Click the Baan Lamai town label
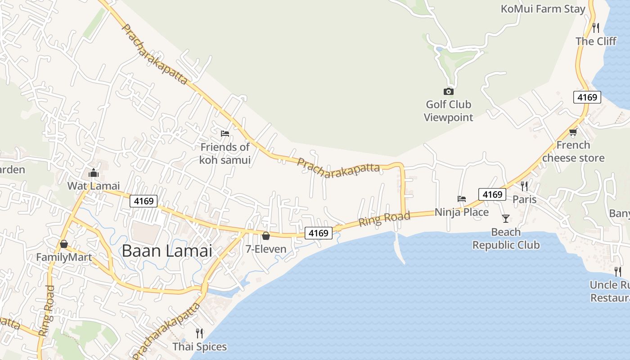coord(167,251)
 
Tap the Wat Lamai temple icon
coord(94,173)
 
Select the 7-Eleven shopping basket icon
coord(266,235)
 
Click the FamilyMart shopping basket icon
coord(64,244)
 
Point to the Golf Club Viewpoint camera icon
coord(448,92)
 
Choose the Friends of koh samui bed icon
coord(225,133)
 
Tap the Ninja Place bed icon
coord(462,198)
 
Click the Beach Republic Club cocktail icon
coord(506,219)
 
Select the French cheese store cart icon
coord(573,132)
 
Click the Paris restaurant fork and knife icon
coord(524,186)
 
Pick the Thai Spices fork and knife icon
coord(199,333)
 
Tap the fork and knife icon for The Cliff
coord(596,28)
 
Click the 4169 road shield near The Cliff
coord(587,97)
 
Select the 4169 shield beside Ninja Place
coord(492,194)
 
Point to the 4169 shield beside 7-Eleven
coord(319,233)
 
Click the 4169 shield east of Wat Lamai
coord(144,201)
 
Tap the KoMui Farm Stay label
coord(543,9)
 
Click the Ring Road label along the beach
coord(384,219)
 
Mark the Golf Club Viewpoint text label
coord(449,111)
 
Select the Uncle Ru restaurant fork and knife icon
coord(618,271)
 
